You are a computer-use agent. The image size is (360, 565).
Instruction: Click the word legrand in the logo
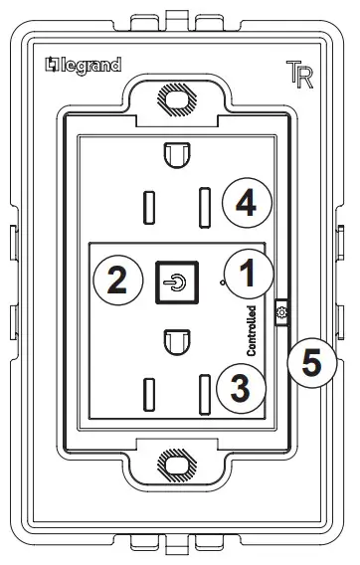tap(90, 67)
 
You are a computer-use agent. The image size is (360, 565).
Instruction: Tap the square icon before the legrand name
tap(52, 67)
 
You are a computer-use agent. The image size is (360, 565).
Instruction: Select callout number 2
tap(117, 280)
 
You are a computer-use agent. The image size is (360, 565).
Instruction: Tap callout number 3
tap(240, 389)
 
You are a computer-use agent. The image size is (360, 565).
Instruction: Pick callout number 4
tap(245, 204)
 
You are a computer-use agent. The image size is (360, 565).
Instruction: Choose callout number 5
tap(312, 364)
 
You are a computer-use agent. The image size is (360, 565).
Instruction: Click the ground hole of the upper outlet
tap(175, 156)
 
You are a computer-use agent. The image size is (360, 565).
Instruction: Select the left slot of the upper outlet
tap(148, 206)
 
